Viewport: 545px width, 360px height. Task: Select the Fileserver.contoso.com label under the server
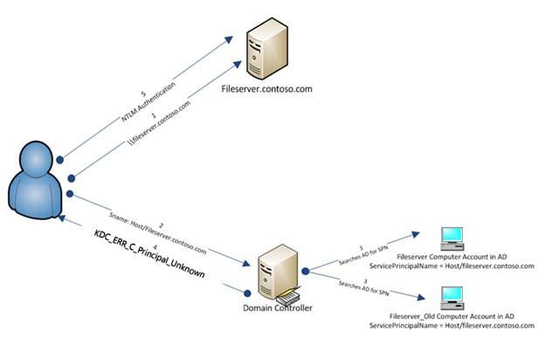click(266, 89)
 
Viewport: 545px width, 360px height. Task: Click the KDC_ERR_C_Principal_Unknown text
click(149, 255)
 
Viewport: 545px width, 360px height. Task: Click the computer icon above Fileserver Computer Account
click(452, 238)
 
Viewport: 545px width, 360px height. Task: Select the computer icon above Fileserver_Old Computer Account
click(452, 300)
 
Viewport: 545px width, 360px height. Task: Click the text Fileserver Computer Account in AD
click(451, 260)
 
